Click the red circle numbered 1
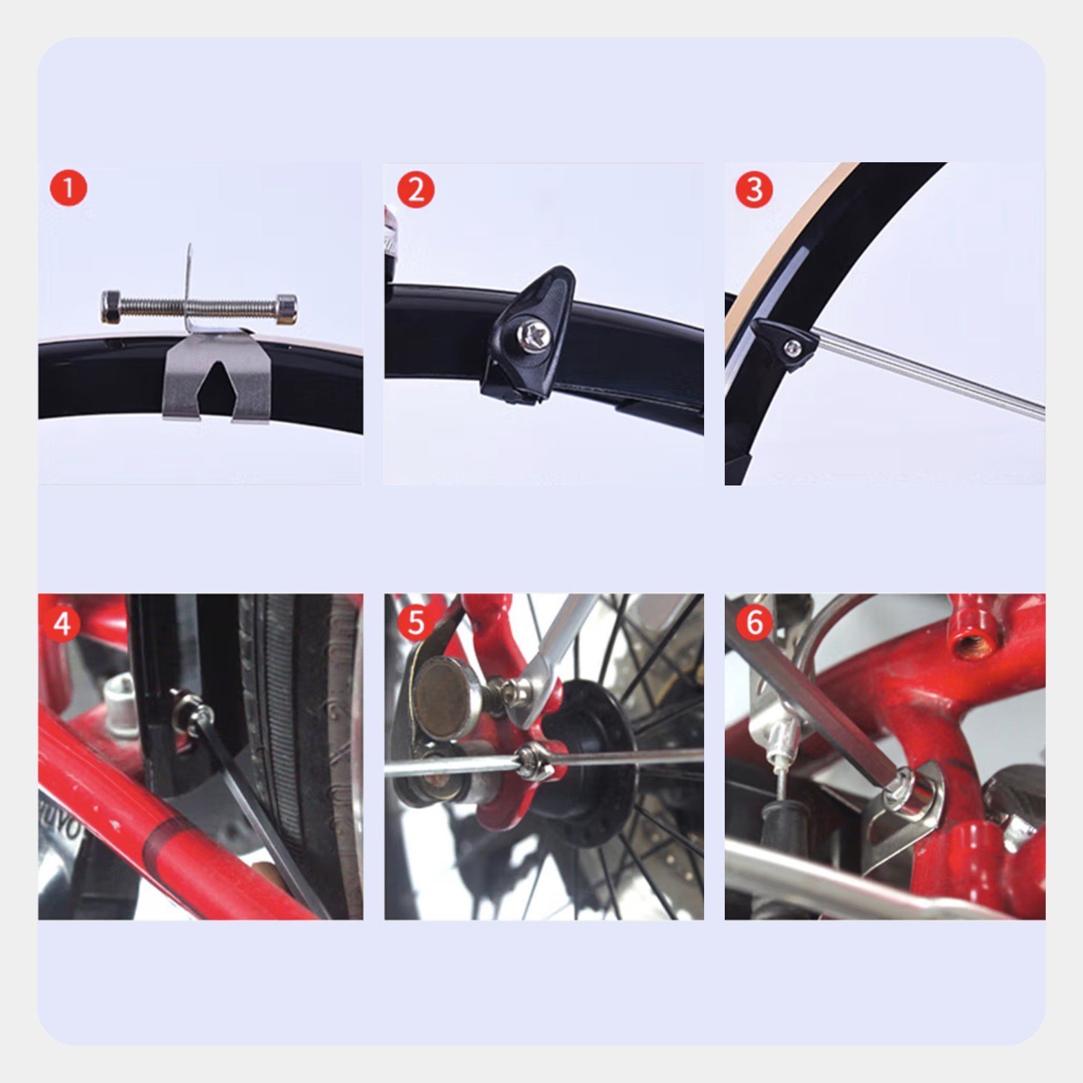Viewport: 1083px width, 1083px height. pyautogui.click(x=69, y=187)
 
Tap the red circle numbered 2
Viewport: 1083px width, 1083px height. pyautogui.click(x=415, y=189)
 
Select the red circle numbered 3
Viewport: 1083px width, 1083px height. pyautogui.click(x=754, y=189)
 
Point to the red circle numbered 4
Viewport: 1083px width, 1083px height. pyautogui.click(x=62, y=624)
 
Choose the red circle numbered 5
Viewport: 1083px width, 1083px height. pyautogui.click(x=415, y=622)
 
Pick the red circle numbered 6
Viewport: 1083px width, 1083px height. pyautogui.click(x=754, y=623)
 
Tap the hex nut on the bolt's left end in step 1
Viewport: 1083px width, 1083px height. pyautogui.click(x=112, y=306)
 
